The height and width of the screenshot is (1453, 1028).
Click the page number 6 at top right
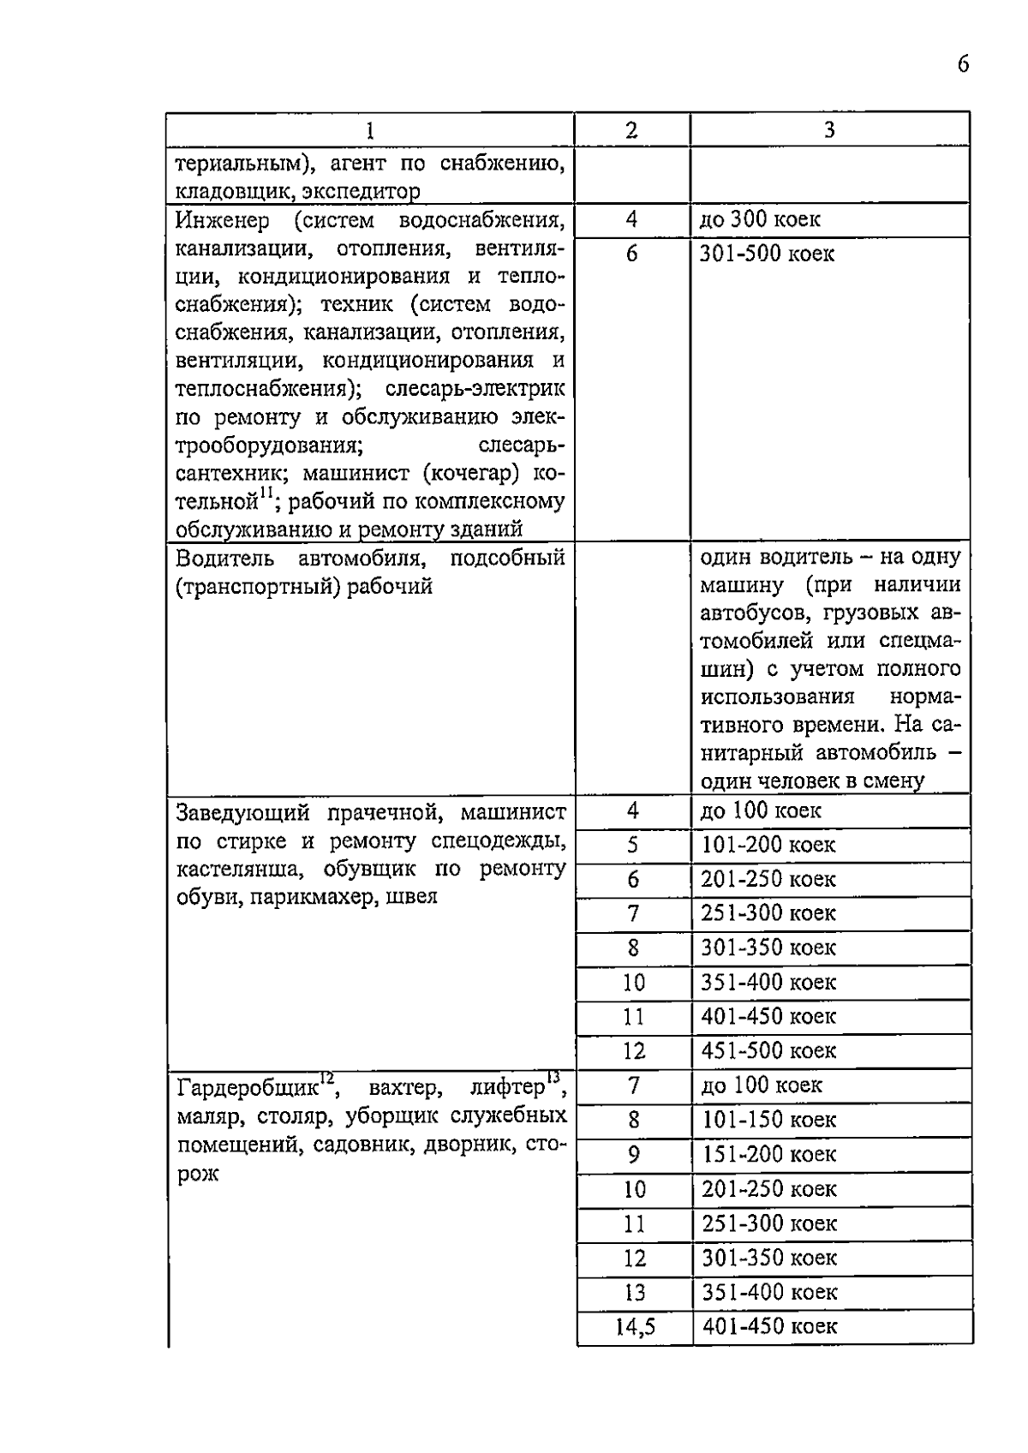[x=964, y=65]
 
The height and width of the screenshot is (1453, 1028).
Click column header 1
[x=369, y=130]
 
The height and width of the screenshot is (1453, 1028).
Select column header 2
[x=631, y=130]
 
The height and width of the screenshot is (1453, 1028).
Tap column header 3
[x=829, y=130]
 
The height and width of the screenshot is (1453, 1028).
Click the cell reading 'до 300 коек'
[x=760, y=219]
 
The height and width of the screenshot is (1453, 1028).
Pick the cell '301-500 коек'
[x=767, y=254]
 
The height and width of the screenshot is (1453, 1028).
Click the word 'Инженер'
[x=223, y=220]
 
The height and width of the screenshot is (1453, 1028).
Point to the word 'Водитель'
[x=225, y=559]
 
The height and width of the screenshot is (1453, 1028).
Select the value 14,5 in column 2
[x=635, y=1327]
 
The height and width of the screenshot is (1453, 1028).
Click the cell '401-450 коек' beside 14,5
[x=769, y=1327]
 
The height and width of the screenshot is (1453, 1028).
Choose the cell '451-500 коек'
[x=768, y=1051]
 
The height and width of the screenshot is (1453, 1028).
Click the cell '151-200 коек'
[x=768, y=1155]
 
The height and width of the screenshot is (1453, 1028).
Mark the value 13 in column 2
[x=635, y=1293]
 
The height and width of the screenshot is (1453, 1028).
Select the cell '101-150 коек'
[x=768, y=1121]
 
